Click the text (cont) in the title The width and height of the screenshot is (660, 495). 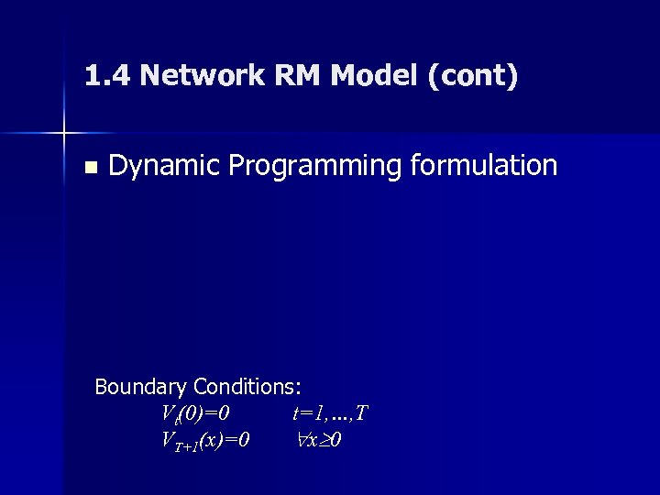(471, 77)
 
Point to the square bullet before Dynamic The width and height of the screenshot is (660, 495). (89, 167)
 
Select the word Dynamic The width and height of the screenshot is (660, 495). (164, 166)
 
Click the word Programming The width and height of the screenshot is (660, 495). (318, 166)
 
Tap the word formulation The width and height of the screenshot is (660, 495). (487, 165)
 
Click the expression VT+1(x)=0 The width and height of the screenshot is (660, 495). (204, 440)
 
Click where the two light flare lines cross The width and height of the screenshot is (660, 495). (65, 134)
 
